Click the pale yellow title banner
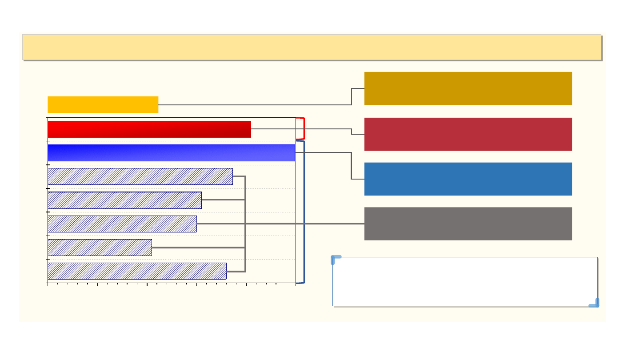pos(311,47)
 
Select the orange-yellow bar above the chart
pos(103,104)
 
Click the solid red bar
pos(149,129)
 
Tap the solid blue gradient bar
pos(171,153)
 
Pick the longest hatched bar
pos(140,176)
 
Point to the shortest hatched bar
pos(100,248)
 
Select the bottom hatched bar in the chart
pos(137,271)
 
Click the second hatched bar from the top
pos(124,200)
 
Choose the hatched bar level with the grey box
pos(122,224)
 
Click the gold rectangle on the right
pos(468,88)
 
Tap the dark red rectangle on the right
pos(468,134)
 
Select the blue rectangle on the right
pos(468,179)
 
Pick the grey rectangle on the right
pos(468,224)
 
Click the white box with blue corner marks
pos(465,281)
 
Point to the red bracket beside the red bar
pos(304,129)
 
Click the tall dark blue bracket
pos(304,212)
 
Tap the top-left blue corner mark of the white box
pos(336,259)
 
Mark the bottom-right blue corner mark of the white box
pos(595,304)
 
